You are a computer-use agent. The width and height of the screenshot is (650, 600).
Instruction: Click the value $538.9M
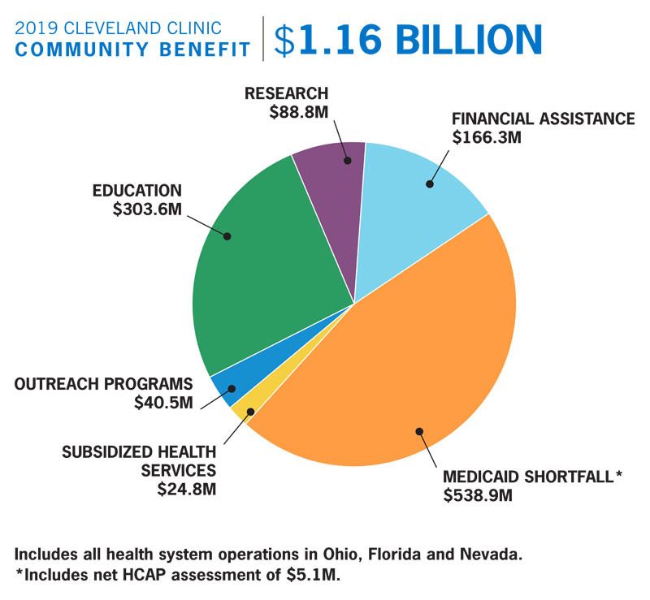[x=477, y=494]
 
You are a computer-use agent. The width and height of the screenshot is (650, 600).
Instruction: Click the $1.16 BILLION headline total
[x=408, y=40]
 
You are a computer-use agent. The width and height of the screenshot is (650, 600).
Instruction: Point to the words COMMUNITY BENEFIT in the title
[x=132, y=50]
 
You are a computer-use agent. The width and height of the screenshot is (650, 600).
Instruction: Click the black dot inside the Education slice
[x=227, y=236]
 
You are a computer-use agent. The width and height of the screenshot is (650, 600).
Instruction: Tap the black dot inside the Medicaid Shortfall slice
[x=419, y=431]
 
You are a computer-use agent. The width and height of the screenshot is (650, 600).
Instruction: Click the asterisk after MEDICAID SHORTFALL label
[x=617, y=474]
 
